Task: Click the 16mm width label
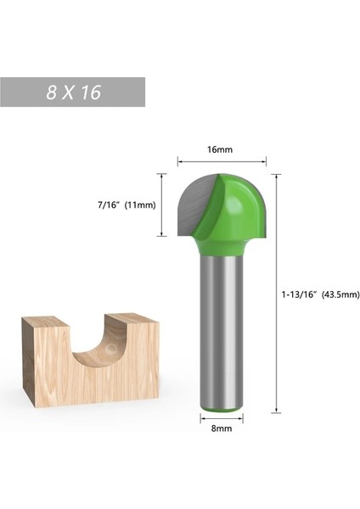[x=219, y=149]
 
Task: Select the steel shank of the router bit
[x=222, y=331]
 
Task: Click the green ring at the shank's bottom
[x=222, y=411]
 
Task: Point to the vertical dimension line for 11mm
[x=161, y=205]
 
